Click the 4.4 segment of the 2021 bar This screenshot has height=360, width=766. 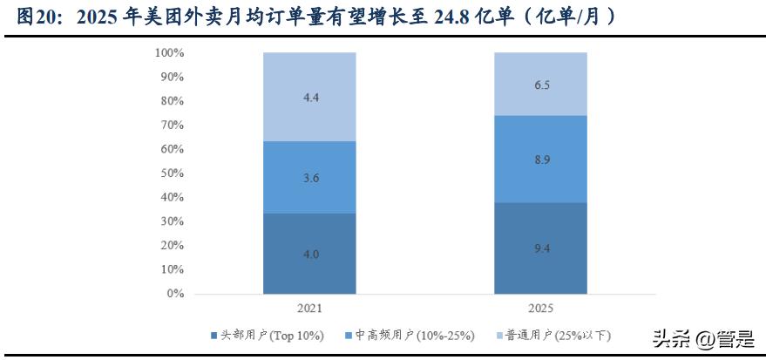coord(309,97)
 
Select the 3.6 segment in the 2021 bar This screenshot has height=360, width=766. coord(309,177)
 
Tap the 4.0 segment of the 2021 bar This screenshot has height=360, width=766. coord(309,254)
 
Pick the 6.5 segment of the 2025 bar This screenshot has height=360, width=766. coord(540,84)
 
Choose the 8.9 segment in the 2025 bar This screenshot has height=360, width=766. coord(540,159)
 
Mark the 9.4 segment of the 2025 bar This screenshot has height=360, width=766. coord(540,248)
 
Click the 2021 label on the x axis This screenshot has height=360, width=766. coord(309,309)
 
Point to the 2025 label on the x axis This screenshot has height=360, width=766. coord(540,309)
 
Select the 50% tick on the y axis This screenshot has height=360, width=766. coord(172,173)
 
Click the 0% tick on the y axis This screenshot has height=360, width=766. coord(175,294)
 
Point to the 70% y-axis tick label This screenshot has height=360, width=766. coord(172,126)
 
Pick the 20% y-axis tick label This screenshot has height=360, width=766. coord(172,246)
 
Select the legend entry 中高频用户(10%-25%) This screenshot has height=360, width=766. coord(413,335)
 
